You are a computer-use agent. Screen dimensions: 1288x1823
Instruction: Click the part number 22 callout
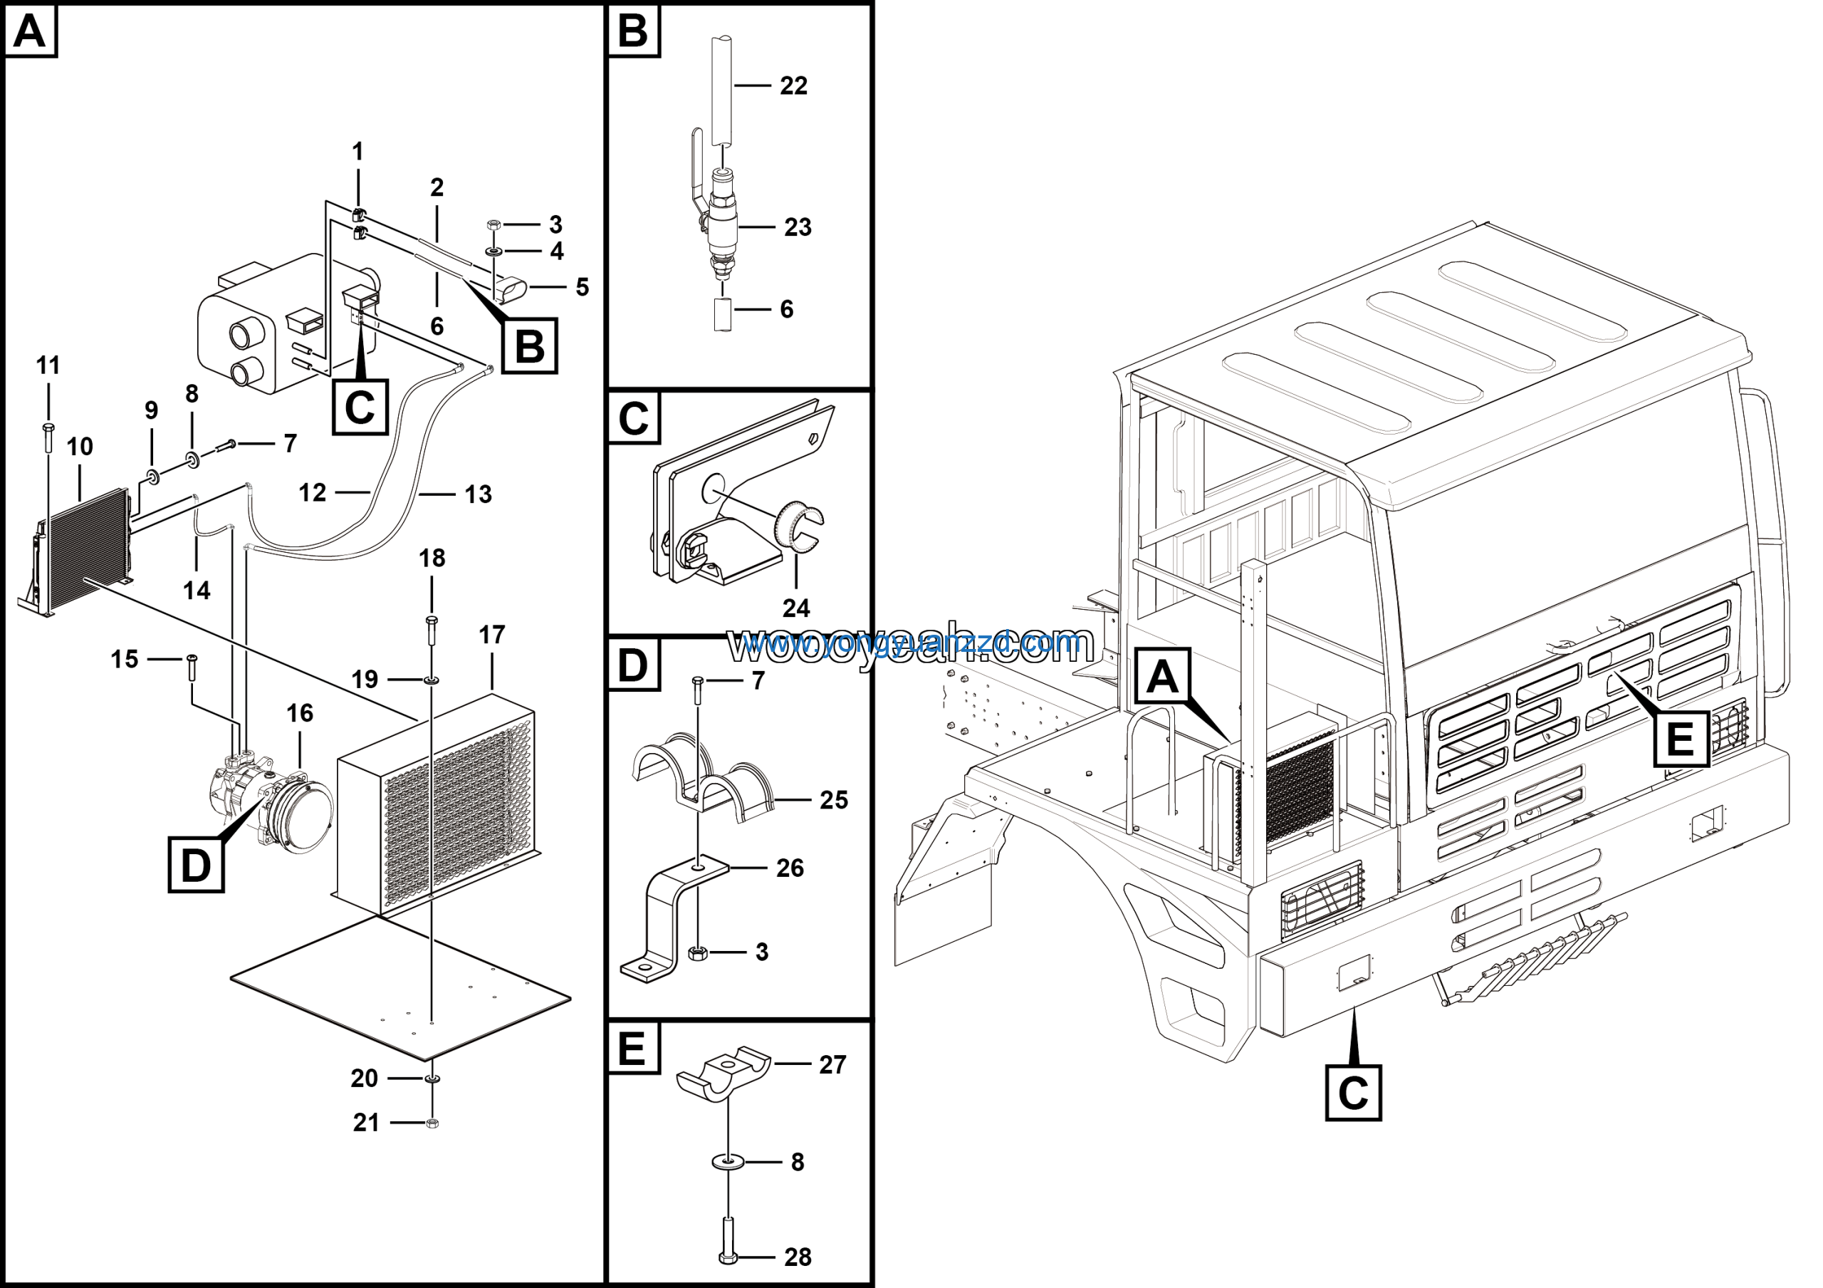coord(793,85)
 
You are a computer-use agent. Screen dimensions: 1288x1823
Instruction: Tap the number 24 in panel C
coord(795,608)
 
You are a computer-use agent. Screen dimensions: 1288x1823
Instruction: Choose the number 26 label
coord(790,868)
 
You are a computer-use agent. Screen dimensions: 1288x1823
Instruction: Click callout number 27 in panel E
coord(832,1064)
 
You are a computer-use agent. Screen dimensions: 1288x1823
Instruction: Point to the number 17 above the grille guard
coord(491,635)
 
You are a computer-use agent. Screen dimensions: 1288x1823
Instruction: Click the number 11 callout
coord(48,365)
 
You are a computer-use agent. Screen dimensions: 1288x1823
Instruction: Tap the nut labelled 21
coord(432,1123)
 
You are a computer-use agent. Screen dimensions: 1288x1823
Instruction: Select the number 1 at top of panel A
coord(357,151)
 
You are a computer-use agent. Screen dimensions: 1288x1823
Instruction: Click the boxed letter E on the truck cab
coord(1681,739)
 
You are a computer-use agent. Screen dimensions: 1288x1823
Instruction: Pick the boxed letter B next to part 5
coord(530,346)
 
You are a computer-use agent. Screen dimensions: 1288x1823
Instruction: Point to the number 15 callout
coord(124,659)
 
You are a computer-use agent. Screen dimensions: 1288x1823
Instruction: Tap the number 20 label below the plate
coord(365,1079)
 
